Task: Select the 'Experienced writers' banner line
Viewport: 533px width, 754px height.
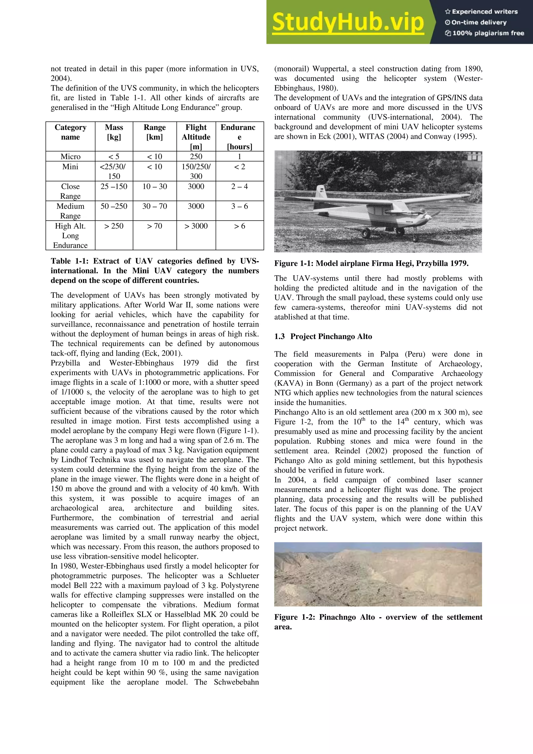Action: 481,12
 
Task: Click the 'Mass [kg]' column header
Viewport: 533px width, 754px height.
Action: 114,132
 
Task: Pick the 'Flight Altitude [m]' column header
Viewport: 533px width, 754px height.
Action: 196,137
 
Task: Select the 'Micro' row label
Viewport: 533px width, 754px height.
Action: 70,157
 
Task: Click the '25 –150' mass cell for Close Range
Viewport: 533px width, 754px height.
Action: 114,187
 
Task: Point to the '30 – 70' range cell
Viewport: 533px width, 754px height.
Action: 154,206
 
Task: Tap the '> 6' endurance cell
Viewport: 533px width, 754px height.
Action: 239,226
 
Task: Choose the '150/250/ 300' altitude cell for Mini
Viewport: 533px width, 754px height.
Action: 196,171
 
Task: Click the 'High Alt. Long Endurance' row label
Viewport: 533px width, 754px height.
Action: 70,235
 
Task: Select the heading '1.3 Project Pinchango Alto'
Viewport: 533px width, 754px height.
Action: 323,337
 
